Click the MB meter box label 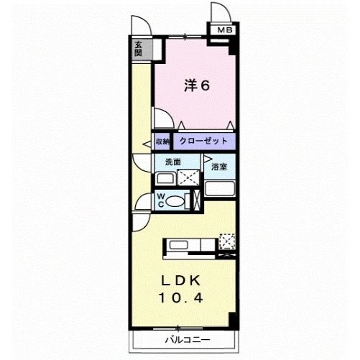pos(225,30)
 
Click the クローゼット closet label pos(203,141)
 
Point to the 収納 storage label pos(163,142)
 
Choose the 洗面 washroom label pos(173,162)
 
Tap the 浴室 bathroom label pos(219,167)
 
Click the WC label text pos(161,199)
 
